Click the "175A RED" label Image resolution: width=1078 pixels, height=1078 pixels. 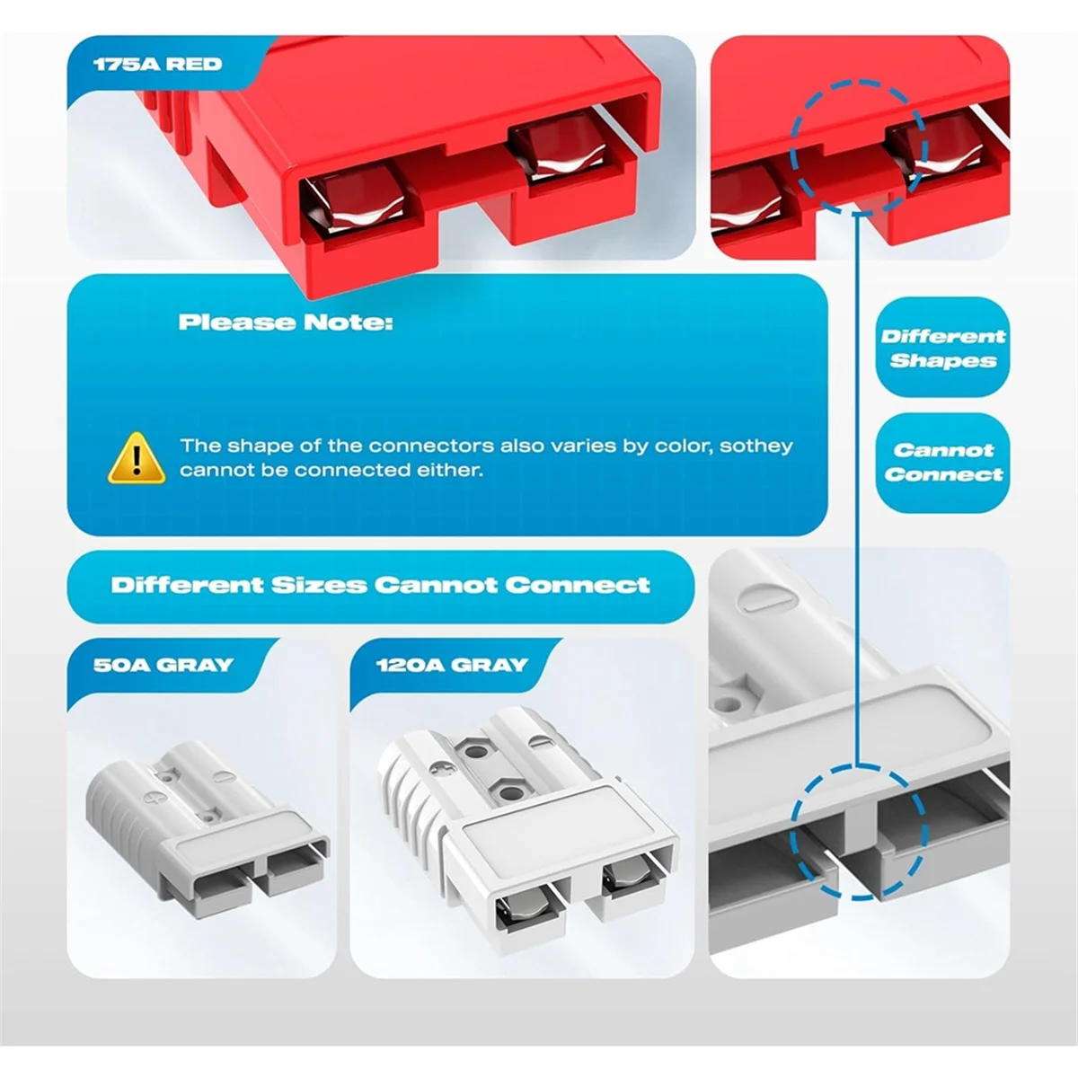158,65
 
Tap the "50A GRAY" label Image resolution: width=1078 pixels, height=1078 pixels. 163,665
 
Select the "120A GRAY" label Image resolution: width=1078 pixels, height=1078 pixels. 452,665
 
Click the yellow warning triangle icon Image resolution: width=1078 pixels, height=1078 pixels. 137,458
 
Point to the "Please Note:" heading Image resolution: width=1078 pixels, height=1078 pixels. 286,323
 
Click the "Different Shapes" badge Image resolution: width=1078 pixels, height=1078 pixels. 942,348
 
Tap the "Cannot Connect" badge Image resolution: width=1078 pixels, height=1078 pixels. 942,463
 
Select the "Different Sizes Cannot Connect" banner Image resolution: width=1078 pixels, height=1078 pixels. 380,586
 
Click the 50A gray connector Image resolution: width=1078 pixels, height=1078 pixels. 208,828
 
